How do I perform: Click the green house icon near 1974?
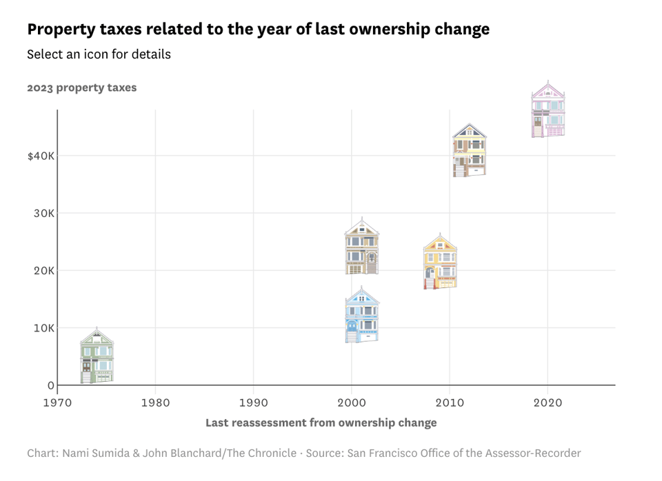click(97, 356)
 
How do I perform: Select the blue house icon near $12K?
click(362, 316)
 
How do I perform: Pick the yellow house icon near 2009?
click(440, 262)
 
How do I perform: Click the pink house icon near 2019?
click(548, 110)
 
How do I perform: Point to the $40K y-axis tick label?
click(41, 156)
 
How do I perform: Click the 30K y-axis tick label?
click(44, 214)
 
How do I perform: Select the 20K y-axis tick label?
click(44, 271)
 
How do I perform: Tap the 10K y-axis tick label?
click(44, 328)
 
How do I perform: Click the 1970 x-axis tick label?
click(57, 401)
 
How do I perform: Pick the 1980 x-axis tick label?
click(155, 401)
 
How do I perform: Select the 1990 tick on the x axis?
click(254, 401)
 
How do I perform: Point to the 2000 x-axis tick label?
click(352, 401)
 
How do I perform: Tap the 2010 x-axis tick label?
click(450, 401)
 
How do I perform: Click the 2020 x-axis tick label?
click(548, 401)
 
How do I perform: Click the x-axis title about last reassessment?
click(321, 422)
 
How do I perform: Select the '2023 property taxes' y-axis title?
click(82, 88)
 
